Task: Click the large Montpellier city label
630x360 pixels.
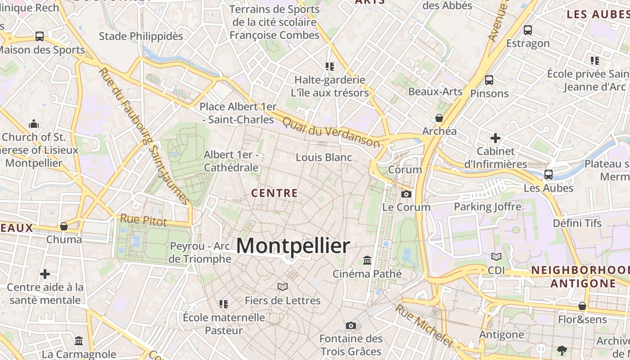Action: click(x=292, y=246)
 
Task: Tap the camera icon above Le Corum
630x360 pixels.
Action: click(x=406, y=194)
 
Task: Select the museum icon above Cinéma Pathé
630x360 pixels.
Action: click(x=367, y=260)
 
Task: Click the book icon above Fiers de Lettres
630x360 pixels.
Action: click(x=283, y=287)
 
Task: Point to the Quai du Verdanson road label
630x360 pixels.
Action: click(x=331, y=132)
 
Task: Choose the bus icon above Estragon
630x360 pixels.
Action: click(x=528, y=30)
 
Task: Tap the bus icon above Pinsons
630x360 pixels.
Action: click(x=489, y=80)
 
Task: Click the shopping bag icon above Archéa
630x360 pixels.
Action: click(x=439, y=118)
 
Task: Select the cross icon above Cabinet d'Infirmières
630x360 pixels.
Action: click(x=495, y=138)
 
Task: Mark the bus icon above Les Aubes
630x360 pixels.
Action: click(x=549, y=175)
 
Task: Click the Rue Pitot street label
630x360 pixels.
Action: click(x=143, y=220)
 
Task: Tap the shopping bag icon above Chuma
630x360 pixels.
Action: click(x=64, y=226)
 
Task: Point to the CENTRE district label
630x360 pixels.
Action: click(x=274, y=193)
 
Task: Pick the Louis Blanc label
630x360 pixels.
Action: click(x=324, y=157)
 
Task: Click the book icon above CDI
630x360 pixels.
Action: click(x=496, y=256)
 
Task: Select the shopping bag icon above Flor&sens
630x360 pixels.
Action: click(x=582, y=306)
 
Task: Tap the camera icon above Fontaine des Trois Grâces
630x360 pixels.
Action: click(x=351, y=325)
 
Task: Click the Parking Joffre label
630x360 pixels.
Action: click(x=487, y=207)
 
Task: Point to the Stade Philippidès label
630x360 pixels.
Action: click(x=141, y=36)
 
